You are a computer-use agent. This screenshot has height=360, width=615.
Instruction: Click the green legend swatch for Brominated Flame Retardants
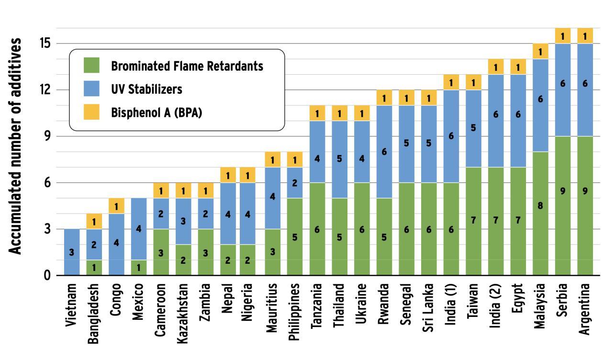tap(91, 66)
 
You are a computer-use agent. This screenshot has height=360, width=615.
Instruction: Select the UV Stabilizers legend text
tap(146, 90)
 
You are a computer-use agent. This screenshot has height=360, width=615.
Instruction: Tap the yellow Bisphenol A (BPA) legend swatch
tap(91, 112)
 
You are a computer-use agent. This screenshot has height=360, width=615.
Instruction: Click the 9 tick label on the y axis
tap(46, 136)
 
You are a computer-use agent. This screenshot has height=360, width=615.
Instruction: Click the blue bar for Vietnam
tap(72, 252)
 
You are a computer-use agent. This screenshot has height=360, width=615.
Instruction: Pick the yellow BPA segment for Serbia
tap(563, 36)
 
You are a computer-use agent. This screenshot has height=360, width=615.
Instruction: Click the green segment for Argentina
tap(585, 206)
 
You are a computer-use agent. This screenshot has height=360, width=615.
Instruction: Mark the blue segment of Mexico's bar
tap(138, 229)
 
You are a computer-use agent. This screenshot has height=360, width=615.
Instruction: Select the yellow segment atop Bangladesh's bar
tap(94, 221)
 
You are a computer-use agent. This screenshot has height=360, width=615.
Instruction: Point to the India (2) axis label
tap(496, 306)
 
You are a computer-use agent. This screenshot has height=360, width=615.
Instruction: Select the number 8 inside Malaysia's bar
tap(540, 206)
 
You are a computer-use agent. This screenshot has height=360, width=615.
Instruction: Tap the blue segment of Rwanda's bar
tap(384, 152)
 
